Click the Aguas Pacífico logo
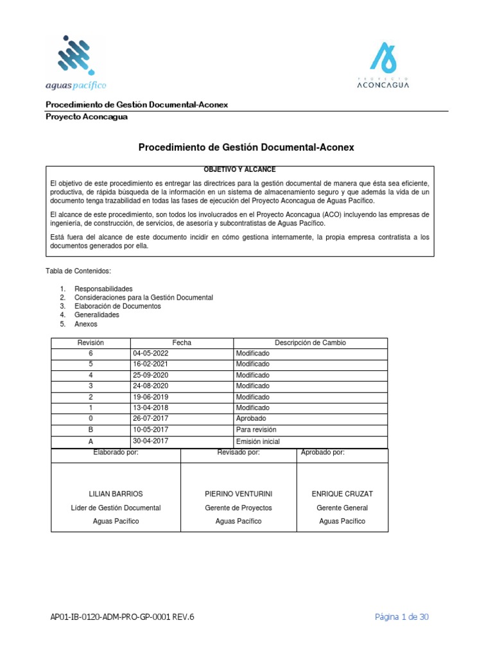click(x=76, y=63)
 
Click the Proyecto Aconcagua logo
click(x=383, y=65)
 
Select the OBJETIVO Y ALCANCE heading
click(x=239, y=169)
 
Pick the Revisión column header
click(x=91, y=343)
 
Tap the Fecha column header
click(x=182, y=343)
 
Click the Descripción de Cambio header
click(x=310, y=343)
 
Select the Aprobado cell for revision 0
click(x=251, y=418)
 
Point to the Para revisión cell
click(x=256, y=429)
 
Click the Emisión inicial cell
click(x=257, y=441)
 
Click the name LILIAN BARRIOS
click(x=116, y=494)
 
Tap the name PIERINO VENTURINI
click(x=238, y=494)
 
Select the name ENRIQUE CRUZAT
click(x=342, y=494)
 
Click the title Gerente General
click(x=342, y=508)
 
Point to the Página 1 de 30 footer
click(x=402, y=617)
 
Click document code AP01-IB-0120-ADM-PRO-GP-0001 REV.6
click(x=122, y=617)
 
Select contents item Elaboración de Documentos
click(x=117, y=306)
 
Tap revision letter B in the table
click(x=91, y=429)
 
